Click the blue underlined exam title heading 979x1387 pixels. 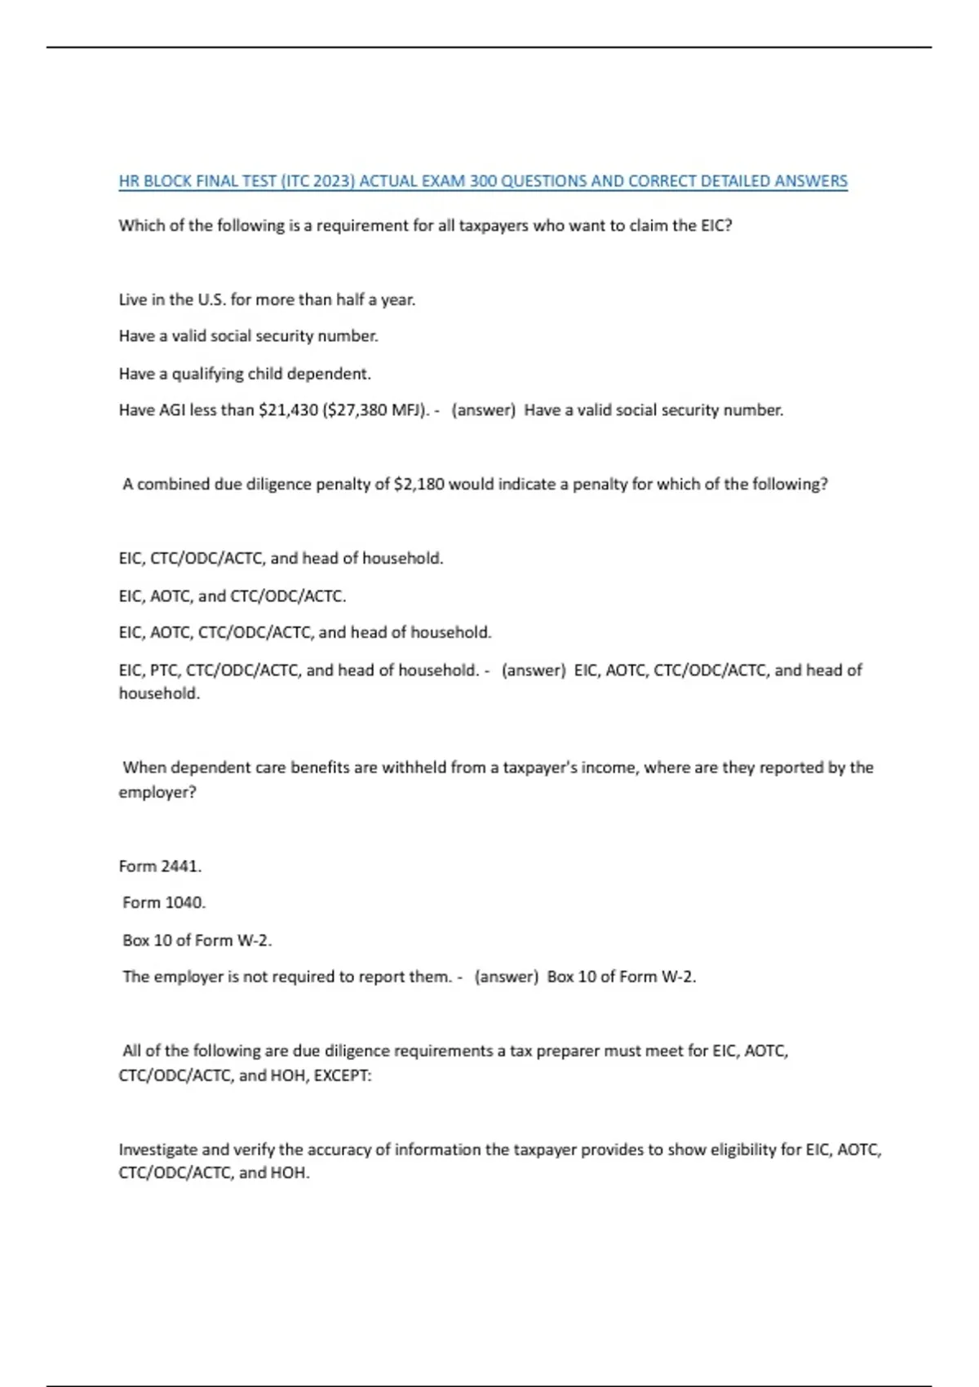click(x=483, y=181)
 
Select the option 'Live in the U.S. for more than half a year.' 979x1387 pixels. click(x=267, y=299)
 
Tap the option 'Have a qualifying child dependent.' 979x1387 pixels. click(x=245, y=374)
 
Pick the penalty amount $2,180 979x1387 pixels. click(x=419, y=484)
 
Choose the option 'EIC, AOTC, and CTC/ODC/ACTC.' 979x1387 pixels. click(x=233, y=596)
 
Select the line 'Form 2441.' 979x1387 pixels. click(x=160, y=866)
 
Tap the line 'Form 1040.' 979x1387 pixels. click(x=164, y=902)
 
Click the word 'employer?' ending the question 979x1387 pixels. click(x=157, y=792)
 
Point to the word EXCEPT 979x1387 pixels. click(x=342, y=1075)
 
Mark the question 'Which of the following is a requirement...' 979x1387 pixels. click(x=425, y=225)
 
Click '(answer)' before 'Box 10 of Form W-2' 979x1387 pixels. click(x=506, y=977)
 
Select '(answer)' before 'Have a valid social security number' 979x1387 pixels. click(x=483, y=410)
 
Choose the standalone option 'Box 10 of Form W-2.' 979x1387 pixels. click(x=197, y=940)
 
